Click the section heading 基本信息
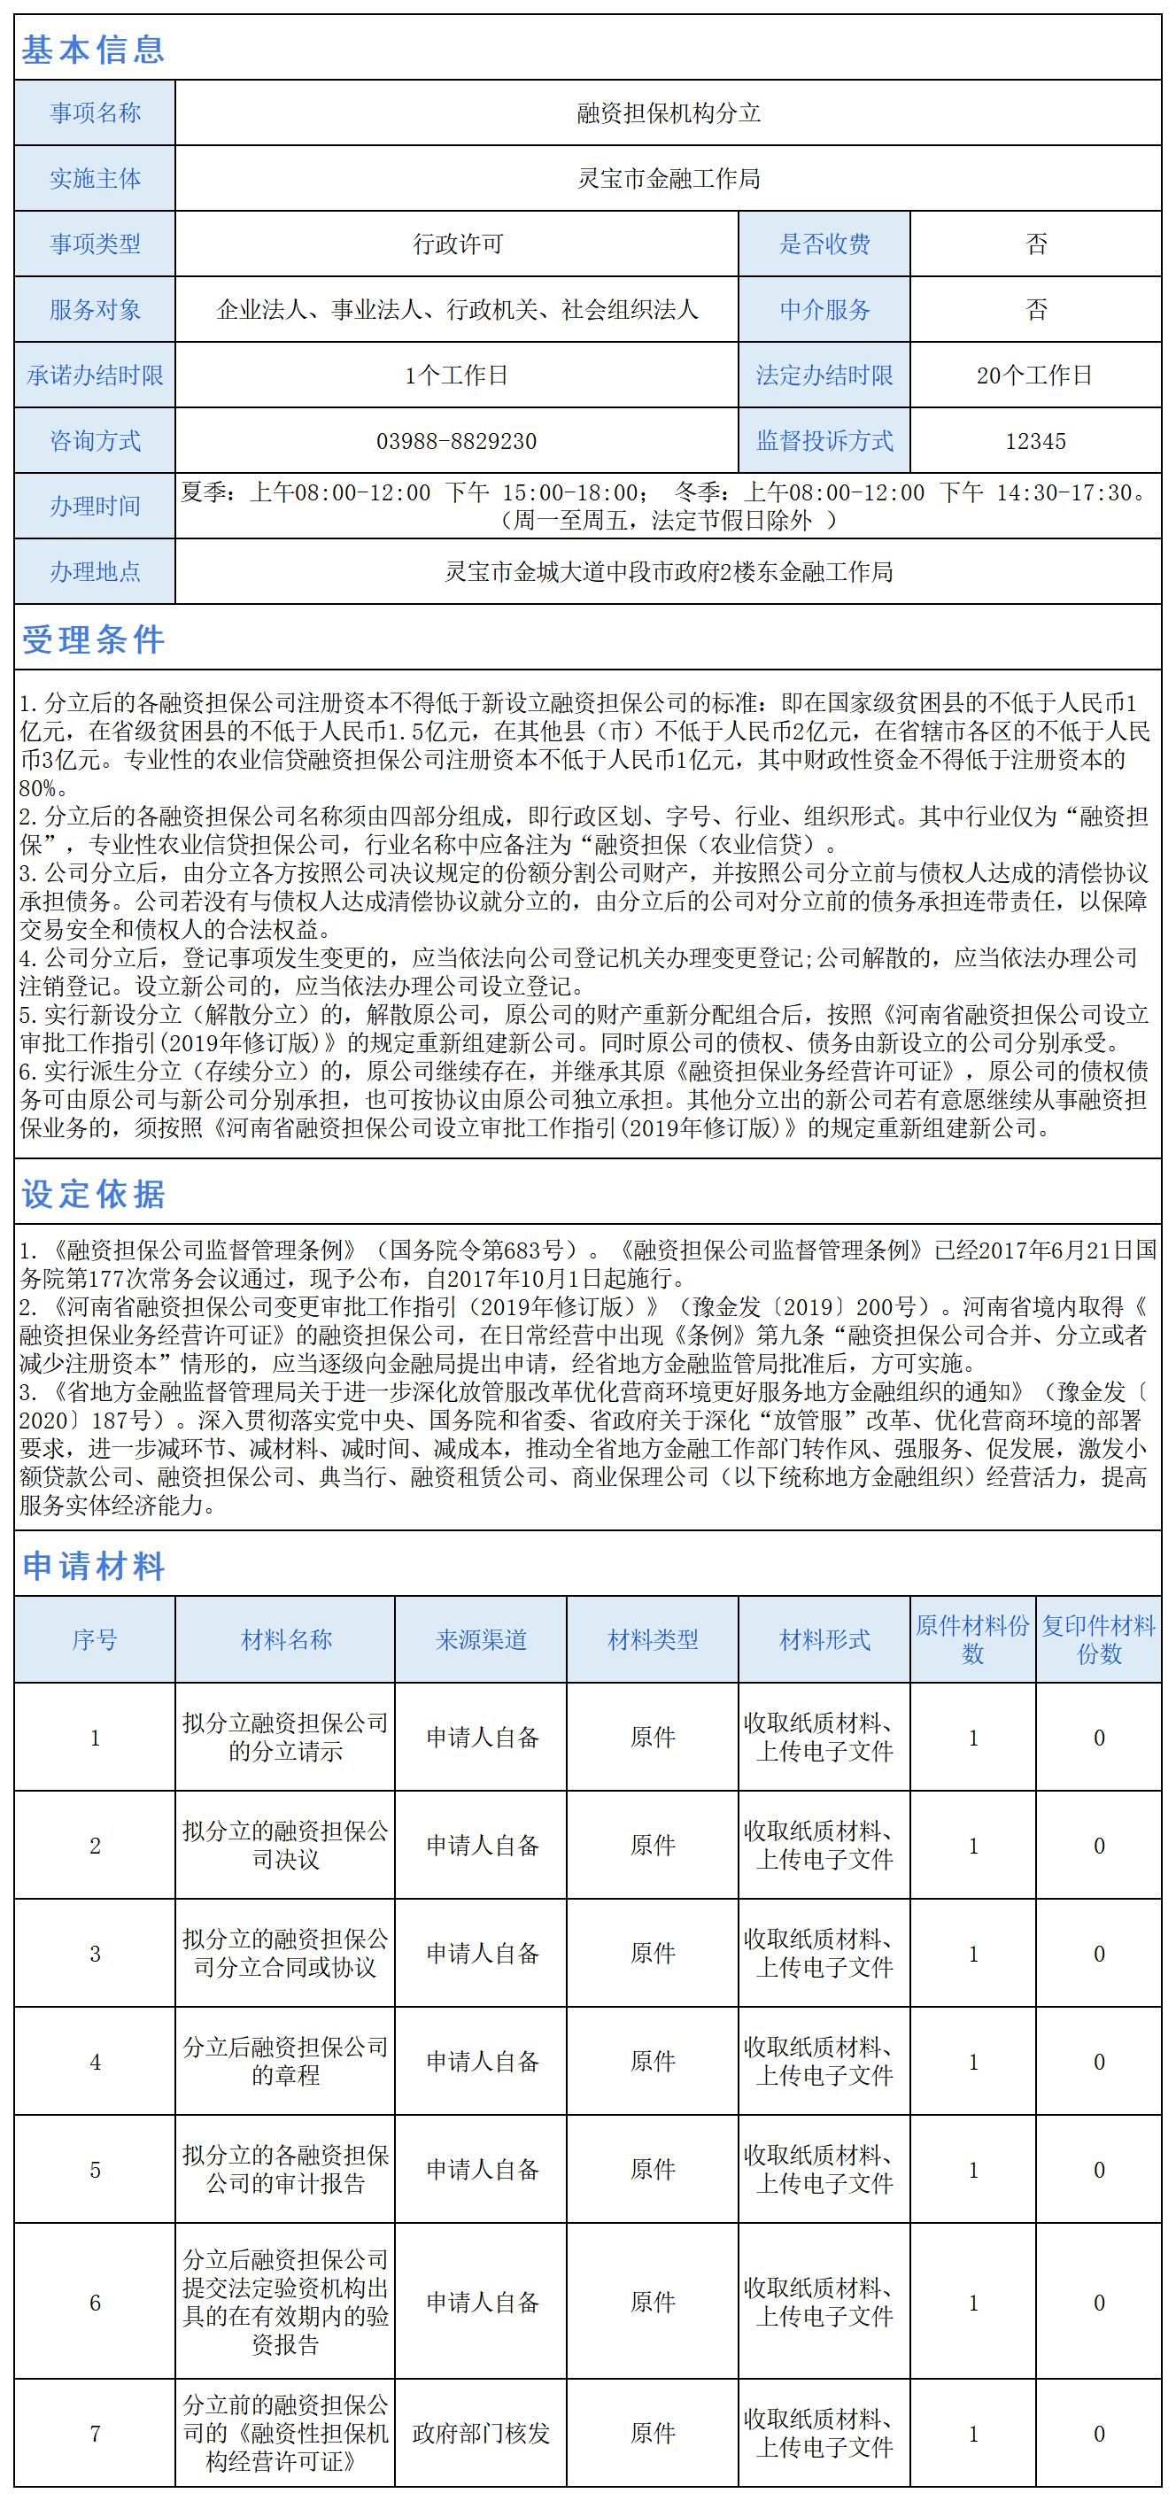tap(93, 49)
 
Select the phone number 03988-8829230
tap(456, 442)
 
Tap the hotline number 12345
tap(1035, 442)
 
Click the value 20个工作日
tap(1035, 376)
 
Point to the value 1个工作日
tap(456, 376)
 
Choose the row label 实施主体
tap(95, 179)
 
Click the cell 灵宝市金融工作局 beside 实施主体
tap(668, 179)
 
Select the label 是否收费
tap(824, 244)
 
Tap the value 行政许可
tap(456, 244)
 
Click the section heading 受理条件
tap(93, 639)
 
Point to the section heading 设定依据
tap(93, 1194)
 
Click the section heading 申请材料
tap(93, 1566)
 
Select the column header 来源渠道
tap(481, 1640)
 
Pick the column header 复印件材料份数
tap(1098, 1640)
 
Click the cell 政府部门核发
tap(481, 2433)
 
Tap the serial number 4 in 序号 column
tap(95, 2062)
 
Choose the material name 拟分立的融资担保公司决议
tap(285, 1846)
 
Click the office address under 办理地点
tap(668, 573)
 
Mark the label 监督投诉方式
tap(824, 442)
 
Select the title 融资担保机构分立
tap(668, 113)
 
